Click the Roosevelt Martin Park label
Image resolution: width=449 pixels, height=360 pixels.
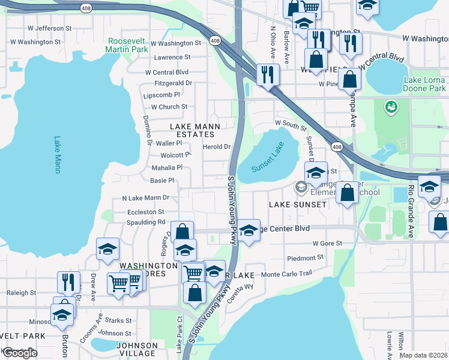pos(127,46)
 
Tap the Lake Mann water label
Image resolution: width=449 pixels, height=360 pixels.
pos(58,155)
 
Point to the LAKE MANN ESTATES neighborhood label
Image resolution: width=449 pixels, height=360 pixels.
pos(195,131)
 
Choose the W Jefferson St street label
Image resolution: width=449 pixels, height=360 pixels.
pos(49,28)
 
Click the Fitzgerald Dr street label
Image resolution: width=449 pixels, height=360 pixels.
pos(173,83)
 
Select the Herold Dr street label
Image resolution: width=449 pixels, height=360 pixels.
pos(217,147)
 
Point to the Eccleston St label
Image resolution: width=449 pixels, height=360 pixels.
pos(145,212)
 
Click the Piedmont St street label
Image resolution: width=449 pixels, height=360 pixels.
pos(305,258)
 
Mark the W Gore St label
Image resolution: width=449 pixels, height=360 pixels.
pos(327,244)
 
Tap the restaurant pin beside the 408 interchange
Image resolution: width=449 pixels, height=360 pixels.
pos(265,74)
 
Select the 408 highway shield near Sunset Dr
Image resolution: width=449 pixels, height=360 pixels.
pos(337,147)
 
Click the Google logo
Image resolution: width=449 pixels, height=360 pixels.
pos(20,353)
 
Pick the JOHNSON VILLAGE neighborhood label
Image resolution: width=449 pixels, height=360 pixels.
pos(137,349)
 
